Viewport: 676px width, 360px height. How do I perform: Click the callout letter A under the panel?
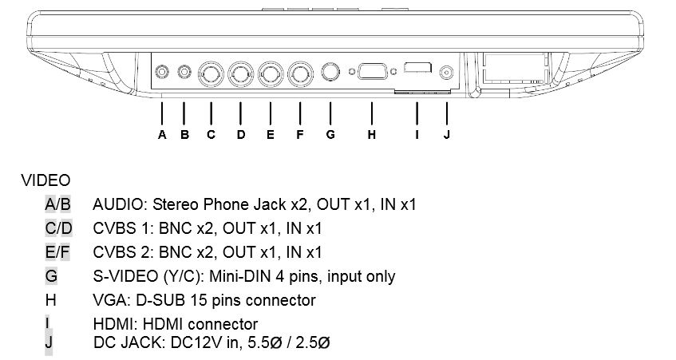162,135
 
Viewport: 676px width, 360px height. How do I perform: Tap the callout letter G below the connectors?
330,135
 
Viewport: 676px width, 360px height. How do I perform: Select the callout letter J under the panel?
447,135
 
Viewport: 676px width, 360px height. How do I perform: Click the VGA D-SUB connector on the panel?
373,71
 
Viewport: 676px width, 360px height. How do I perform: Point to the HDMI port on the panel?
417,67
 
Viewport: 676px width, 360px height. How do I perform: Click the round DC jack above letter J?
447,73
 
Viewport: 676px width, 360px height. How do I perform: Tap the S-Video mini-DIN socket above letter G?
330,72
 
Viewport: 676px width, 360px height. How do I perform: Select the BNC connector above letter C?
211,74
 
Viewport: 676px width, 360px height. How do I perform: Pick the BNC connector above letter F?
301,74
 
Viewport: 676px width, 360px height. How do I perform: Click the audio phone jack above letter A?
162,72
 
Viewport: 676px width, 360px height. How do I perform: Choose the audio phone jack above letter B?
184,72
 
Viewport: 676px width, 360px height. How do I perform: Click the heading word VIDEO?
45,180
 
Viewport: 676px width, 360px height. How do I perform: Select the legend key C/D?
58,228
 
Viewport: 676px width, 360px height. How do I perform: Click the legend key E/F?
57,252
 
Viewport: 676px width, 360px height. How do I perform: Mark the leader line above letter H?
372,114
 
